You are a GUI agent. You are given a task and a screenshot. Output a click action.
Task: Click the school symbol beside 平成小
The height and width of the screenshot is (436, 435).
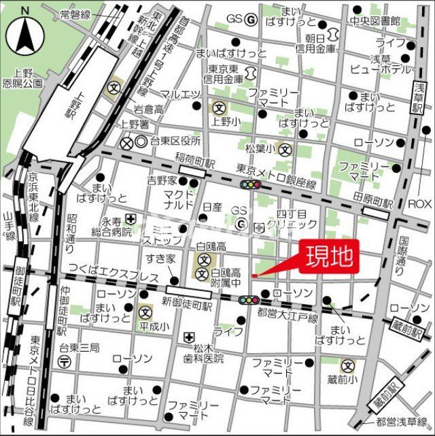coord(145,313)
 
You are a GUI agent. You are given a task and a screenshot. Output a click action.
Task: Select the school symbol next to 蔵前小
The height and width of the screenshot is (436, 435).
coord(347,365)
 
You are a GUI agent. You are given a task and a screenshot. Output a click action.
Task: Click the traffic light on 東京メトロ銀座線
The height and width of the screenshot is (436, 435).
coord(249,184)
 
